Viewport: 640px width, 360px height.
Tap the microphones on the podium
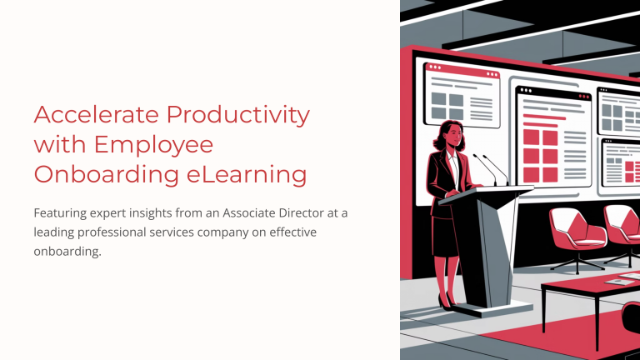click(x=492, y=169)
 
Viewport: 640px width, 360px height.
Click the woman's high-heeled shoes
click(x=448, y=302)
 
